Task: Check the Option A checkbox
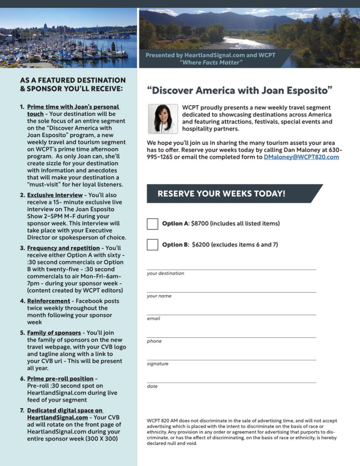click(x=152, y=224)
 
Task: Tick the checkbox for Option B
click(x=152, y=245)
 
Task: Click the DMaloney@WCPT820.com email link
click(x=301, y=157)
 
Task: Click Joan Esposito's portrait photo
click(x=162, y=119)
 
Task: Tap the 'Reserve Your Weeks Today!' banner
click(x=222, y=194)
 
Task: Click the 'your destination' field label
click(x=165, y=273)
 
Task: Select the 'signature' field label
click(x=157, y=364)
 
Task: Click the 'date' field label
click(x=152, y=386)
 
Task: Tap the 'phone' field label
click(x=154, y=341)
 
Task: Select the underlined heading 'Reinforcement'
click(x=49, y=301)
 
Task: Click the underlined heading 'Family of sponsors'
click(x=54, y=333)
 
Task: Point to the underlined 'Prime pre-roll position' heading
click(x=60, y=379)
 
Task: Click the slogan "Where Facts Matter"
click(x=210, y=62)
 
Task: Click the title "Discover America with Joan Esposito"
click(x=240, y=90)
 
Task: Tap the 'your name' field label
click(x=158, y=296)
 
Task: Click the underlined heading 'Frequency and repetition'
click(x=63, y=248)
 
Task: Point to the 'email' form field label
click(x=153, y=318)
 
